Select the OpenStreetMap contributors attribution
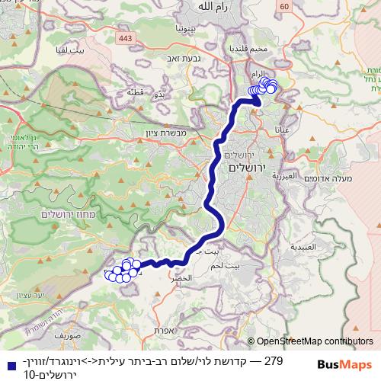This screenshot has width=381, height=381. tap(315, 342)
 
